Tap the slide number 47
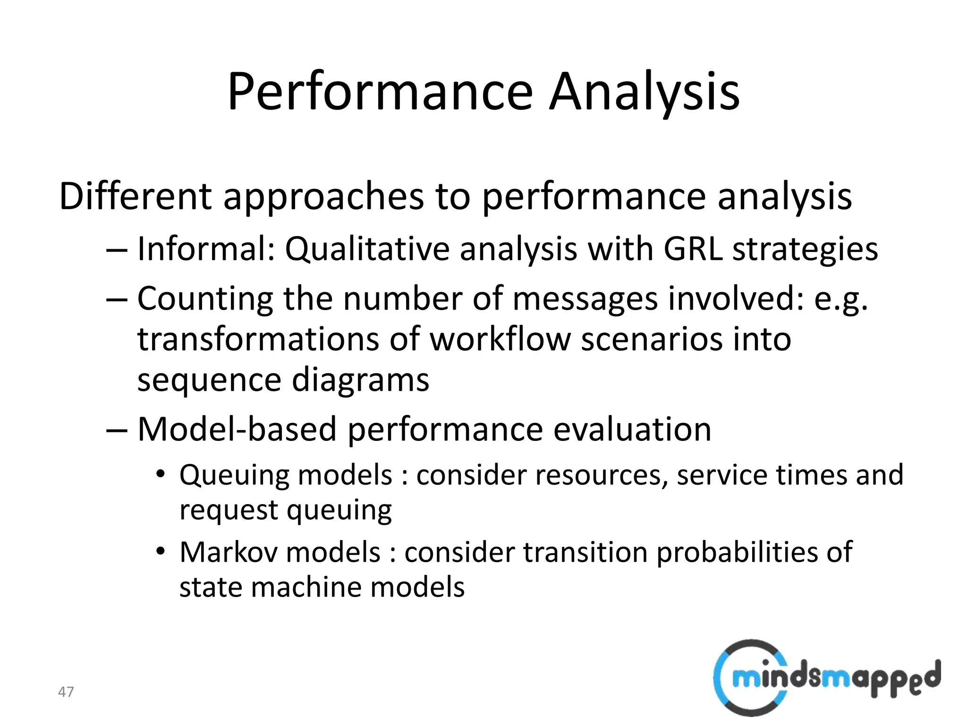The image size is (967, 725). [x=66, y=692]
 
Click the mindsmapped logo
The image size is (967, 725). [x=826, y=678]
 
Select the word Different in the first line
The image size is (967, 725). [x=135, y=196]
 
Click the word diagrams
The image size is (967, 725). [x=361, y=379]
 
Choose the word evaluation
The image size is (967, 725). [x=632, y=429]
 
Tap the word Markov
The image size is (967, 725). [x=233, y=552]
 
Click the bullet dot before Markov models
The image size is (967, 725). [x=161, y=551]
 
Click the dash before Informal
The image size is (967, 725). [x=117, y=250]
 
